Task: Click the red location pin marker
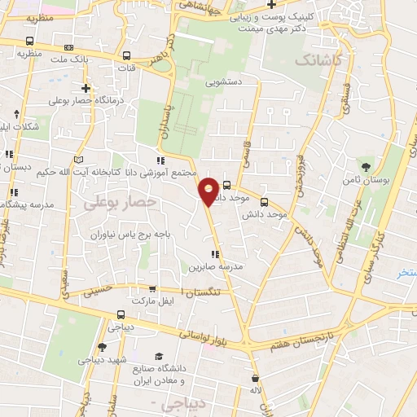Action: pyautogui.click(x=209, y=191)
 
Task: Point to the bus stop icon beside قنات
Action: pyautogui.click(x=126, y=56)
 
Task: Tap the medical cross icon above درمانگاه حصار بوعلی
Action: pyautogui.click(x=86, y=88)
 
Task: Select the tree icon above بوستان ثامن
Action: pyautogui.click(x=365, y=165)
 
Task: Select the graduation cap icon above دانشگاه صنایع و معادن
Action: pyautogui.click(x=159, y=356)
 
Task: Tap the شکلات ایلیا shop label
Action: pyautogui.click(x=18, y=126)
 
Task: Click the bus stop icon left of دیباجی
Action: pyautogui.click(x=121, y=314)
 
